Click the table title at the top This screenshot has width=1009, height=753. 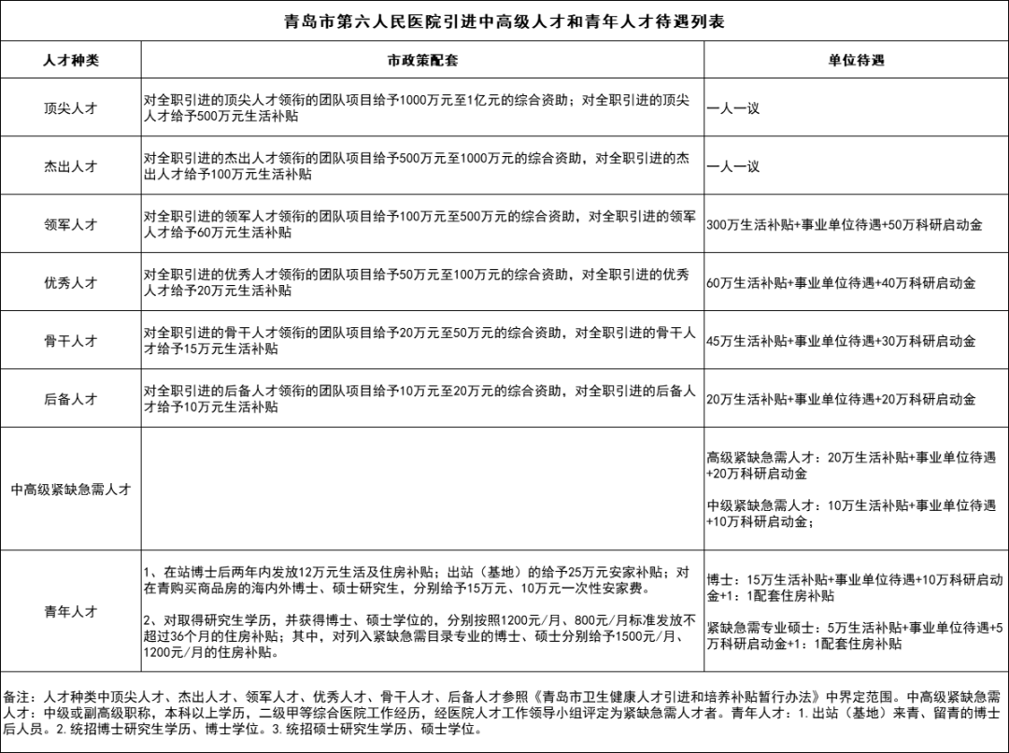point(504,21)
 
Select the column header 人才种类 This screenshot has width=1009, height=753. point(71,60)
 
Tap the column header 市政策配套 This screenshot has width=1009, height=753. point(422,60)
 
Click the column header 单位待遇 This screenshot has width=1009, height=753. point(856,60)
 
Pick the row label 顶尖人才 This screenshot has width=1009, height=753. point(71,107)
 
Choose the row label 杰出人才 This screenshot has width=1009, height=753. point(71,166)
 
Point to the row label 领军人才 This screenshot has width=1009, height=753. point(71,224)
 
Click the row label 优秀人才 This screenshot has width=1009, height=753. point(71,282)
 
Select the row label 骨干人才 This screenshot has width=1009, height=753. point(71,341)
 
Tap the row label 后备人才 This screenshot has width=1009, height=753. point(71,399)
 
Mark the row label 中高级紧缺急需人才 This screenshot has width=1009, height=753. point(71,490)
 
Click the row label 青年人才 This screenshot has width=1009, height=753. point(71,611)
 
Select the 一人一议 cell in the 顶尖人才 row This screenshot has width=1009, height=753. point(733,108)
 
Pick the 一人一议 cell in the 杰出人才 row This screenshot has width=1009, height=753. point(733,166)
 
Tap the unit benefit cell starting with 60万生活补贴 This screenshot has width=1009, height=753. point(841,283)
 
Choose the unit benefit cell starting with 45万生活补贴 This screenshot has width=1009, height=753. point(841,341)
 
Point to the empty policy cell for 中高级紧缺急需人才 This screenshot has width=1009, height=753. point(422,490)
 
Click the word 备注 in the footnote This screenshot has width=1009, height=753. point(17,697)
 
